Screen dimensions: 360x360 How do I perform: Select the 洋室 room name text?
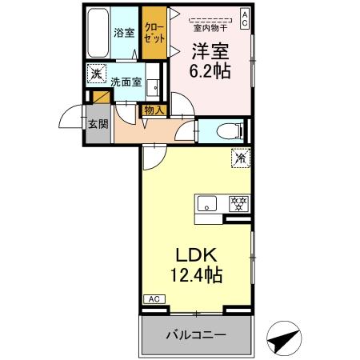pos(210,50)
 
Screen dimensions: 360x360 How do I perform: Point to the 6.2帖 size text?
pos(210,70)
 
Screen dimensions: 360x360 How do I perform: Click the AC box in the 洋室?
pos(244,18)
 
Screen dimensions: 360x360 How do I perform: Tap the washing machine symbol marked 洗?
pos(97,73)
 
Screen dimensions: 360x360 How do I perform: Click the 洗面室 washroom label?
pos(126,82)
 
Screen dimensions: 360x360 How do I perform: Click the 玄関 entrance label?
pos(98,124)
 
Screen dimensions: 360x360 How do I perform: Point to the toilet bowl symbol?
pos(228,130)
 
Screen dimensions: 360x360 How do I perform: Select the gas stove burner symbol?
pos(238,203)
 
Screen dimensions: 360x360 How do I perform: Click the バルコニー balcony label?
pos(197,334)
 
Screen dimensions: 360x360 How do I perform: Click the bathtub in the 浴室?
pos(98,32)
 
